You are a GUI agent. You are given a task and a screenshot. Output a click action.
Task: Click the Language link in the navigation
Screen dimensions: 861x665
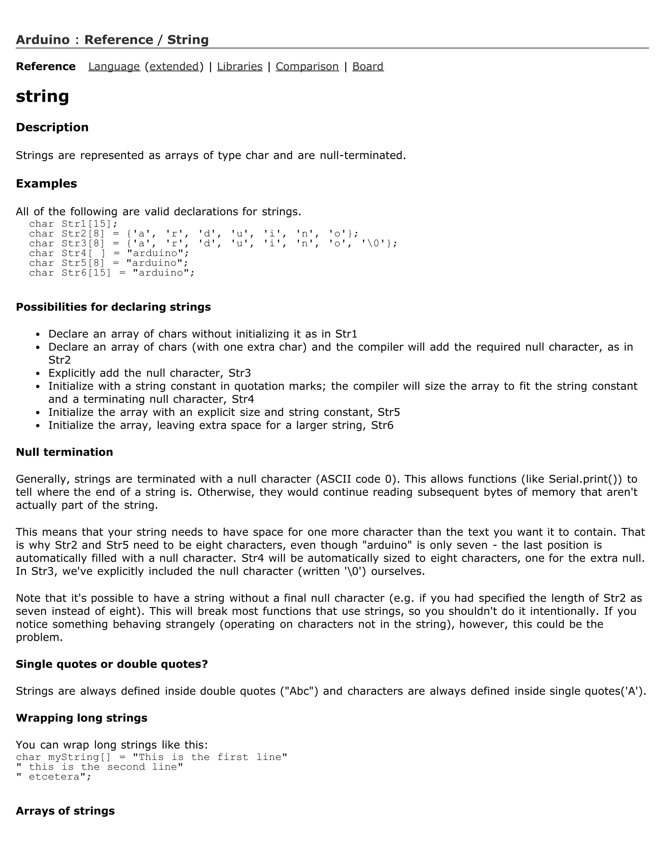(114, 66)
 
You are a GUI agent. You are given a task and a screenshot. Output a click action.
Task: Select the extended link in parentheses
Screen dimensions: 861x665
(174, 66)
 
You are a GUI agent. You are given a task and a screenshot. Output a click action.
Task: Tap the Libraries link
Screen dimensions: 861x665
(240, 66)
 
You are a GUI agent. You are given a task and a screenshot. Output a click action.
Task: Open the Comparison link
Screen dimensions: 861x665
(307, 66)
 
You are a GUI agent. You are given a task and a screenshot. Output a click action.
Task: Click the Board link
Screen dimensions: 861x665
(368, 66)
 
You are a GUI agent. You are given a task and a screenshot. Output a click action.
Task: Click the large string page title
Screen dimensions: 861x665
(43, 96)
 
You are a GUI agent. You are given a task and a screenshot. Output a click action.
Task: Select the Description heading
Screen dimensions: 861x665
(52, 127)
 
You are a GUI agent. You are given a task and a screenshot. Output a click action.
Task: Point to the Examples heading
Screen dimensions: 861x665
(46, 184)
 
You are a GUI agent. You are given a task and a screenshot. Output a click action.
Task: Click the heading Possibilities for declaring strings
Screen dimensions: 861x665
(113, 307)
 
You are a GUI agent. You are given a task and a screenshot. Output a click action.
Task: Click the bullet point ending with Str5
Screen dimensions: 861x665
(224, 412)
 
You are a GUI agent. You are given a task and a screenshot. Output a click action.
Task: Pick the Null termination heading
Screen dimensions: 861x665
(64, 452)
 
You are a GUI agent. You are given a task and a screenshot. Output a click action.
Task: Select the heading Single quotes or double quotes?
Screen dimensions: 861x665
(111, 664)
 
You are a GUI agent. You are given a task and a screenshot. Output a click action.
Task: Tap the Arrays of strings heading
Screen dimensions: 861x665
(65, 811)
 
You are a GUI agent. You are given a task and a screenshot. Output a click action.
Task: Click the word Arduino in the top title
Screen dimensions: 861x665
(43, 40)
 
